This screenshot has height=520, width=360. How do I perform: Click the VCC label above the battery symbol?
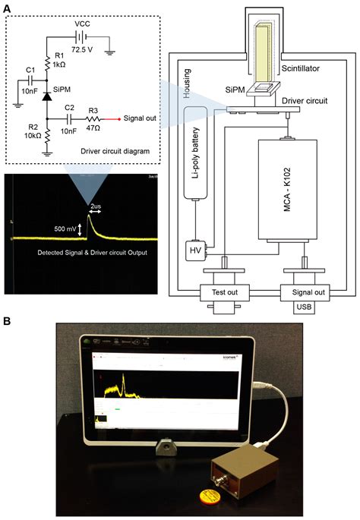point(82,24)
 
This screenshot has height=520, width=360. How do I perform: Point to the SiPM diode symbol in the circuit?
point(46,97)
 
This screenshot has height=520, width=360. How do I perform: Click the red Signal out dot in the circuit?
point(115,119)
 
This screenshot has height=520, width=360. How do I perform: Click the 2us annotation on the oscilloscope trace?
point(96,206)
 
